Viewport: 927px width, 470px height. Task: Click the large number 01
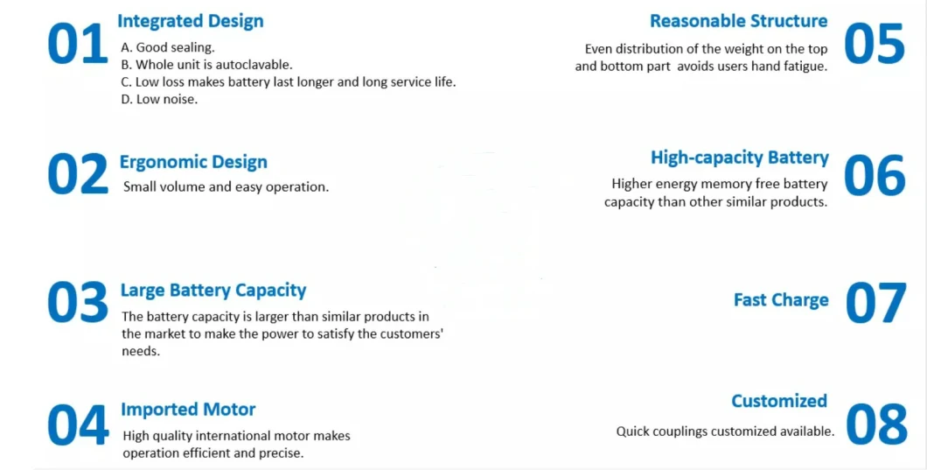78,44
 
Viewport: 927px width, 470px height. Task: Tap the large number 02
78,174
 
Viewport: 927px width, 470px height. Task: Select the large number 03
78,302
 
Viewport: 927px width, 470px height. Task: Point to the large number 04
78,424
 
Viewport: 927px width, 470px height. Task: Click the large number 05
875,44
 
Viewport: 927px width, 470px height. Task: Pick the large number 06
875,175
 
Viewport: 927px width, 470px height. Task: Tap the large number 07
875,303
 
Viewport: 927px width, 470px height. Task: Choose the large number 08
876,424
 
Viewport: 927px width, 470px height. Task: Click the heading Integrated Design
191,21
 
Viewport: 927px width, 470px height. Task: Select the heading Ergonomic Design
193,162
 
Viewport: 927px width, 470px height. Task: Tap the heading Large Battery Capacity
213,291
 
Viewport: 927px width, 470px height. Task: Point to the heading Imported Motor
188,409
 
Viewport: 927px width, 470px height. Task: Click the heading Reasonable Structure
738,21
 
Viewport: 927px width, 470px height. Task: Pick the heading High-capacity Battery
740,158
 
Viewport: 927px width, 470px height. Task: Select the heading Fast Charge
781,300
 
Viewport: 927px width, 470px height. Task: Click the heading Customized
779,401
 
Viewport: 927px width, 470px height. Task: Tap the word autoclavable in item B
254,65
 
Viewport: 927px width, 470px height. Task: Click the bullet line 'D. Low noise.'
159,100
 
